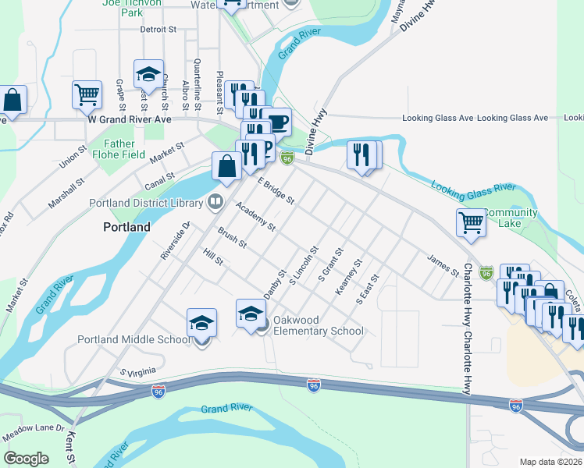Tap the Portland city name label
click(126, 227)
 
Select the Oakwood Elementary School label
click(318, 325)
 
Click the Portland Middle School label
click(134, 339)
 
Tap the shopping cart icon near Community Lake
click(472, 222)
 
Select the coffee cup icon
click(276, 122)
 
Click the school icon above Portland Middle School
click(201, 322)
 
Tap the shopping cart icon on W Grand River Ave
click(87, 94)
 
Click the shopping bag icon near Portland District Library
click(226, 165)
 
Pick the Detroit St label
click(159, 30)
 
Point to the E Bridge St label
click(276, 190)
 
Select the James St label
click(443, 265)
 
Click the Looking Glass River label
click(472, 187)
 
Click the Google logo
click(26, 458)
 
